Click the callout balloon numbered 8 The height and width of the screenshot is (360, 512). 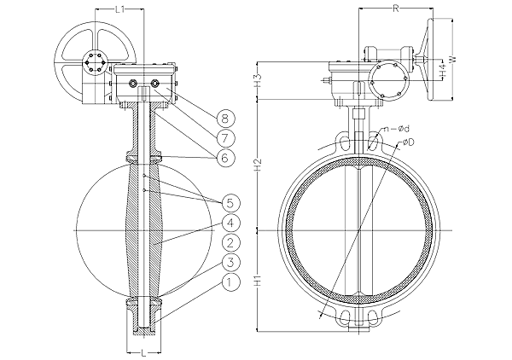coord(225,119)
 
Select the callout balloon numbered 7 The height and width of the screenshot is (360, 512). coord(226,138)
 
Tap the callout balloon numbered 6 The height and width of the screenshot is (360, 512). coord(225,158)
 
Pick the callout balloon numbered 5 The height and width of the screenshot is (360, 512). coord(231,203)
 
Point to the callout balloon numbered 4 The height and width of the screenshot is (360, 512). coord(231,223)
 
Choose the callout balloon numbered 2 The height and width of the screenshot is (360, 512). coord(231,242)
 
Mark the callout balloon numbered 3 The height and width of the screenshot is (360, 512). coord(231,262)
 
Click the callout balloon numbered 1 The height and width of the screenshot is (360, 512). coord(231,282)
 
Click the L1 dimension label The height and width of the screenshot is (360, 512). coord(119,9)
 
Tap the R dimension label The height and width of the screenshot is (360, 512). coord(396,9)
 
